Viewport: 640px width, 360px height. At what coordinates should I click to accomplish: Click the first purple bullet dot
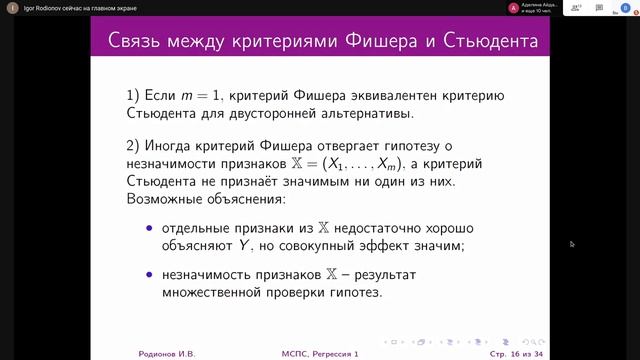click(x=151, y=229)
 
